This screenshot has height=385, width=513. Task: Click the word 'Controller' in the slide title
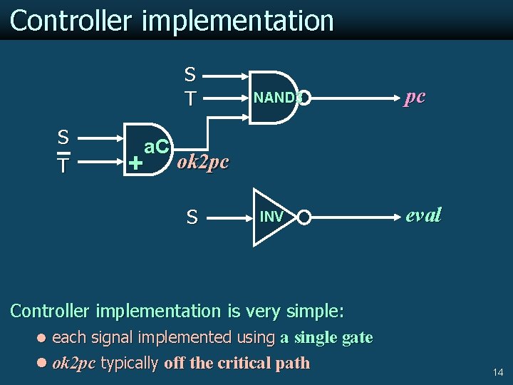point(71,21)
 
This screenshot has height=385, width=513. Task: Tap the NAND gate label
point(275,98)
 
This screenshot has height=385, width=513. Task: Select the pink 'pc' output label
point(415,96)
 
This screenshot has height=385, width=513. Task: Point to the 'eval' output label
point(423,215)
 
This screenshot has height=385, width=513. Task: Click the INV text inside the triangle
point(271,217)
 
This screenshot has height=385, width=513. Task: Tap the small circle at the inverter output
point(304,217)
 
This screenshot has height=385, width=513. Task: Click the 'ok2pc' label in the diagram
point(203,162)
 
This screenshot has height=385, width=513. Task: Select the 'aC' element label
point(156,148)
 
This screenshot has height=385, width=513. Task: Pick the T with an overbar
point(63,165)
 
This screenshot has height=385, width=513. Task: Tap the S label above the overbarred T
point(63,137)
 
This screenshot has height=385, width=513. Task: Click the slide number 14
point(497,372)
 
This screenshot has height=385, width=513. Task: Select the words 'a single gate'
point(326,337)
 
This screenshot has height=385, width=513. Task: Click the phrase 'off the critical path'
point(237,363)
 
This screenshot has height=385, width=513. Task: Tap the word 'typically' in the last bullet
point(130,363)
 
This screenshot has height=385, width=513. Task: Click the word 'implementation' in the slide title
point(238,21)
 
